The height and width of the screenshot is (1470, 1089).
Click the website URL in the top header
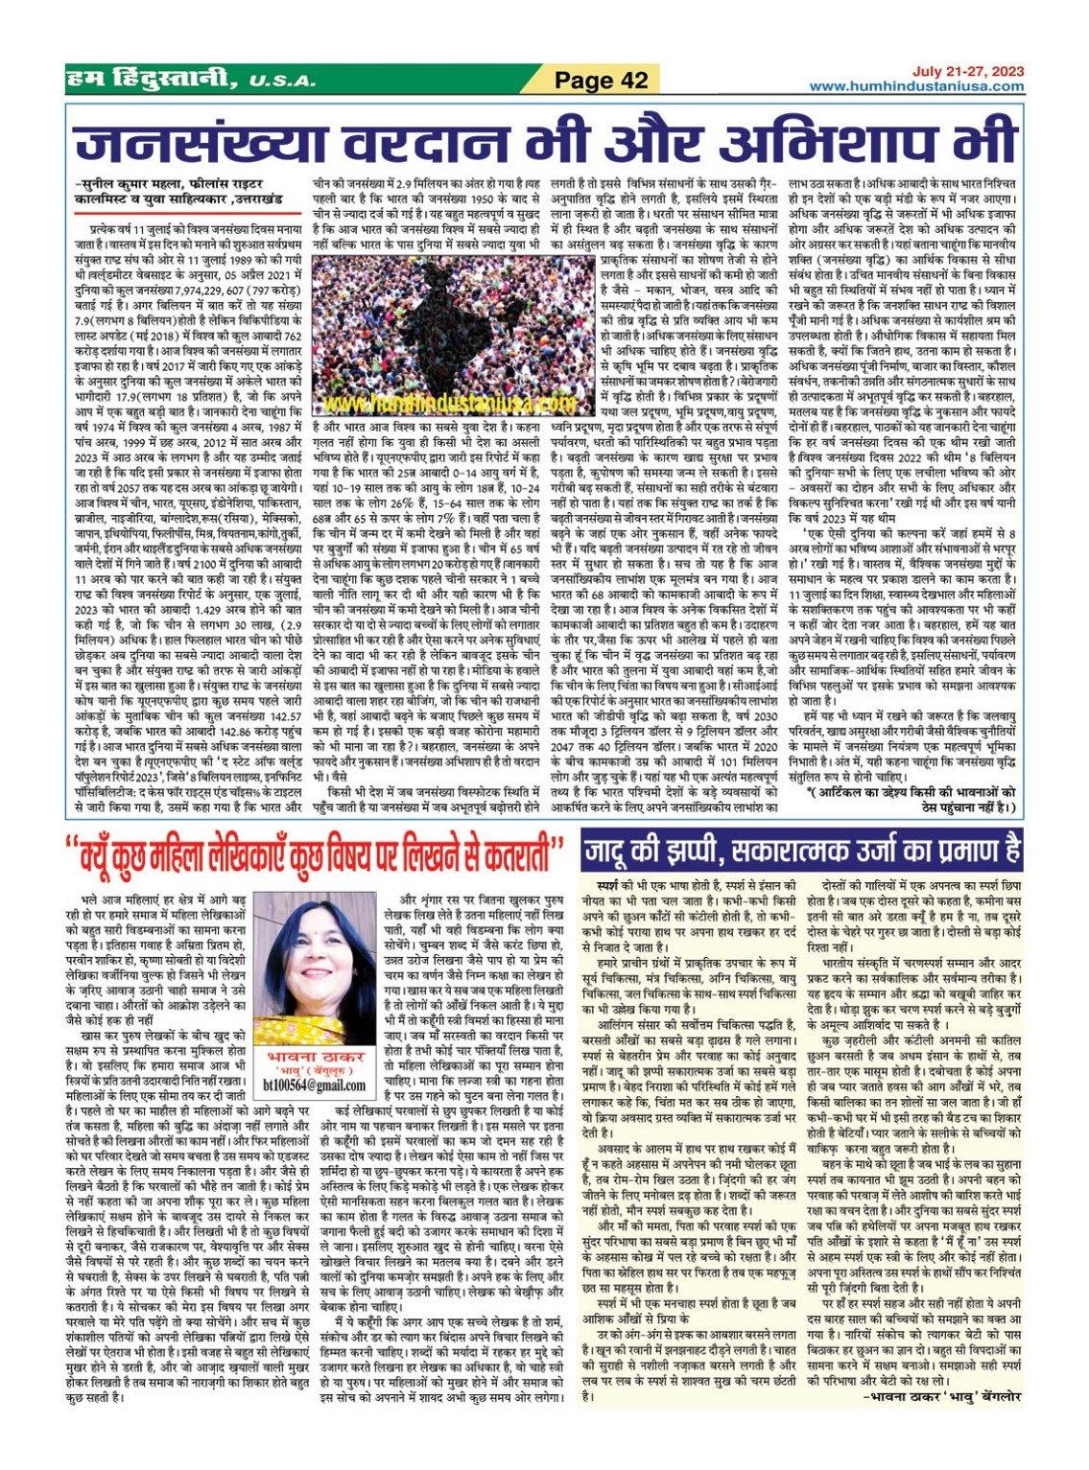coord(915,86)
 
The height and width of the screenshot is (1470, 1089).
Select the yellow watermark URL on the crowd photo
coord(437,404)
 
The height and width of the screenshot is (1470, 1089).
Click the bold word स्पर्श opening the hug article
coord(607,887)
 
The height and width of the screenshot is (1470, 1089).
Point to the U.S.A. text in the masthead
coord(283,82)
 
